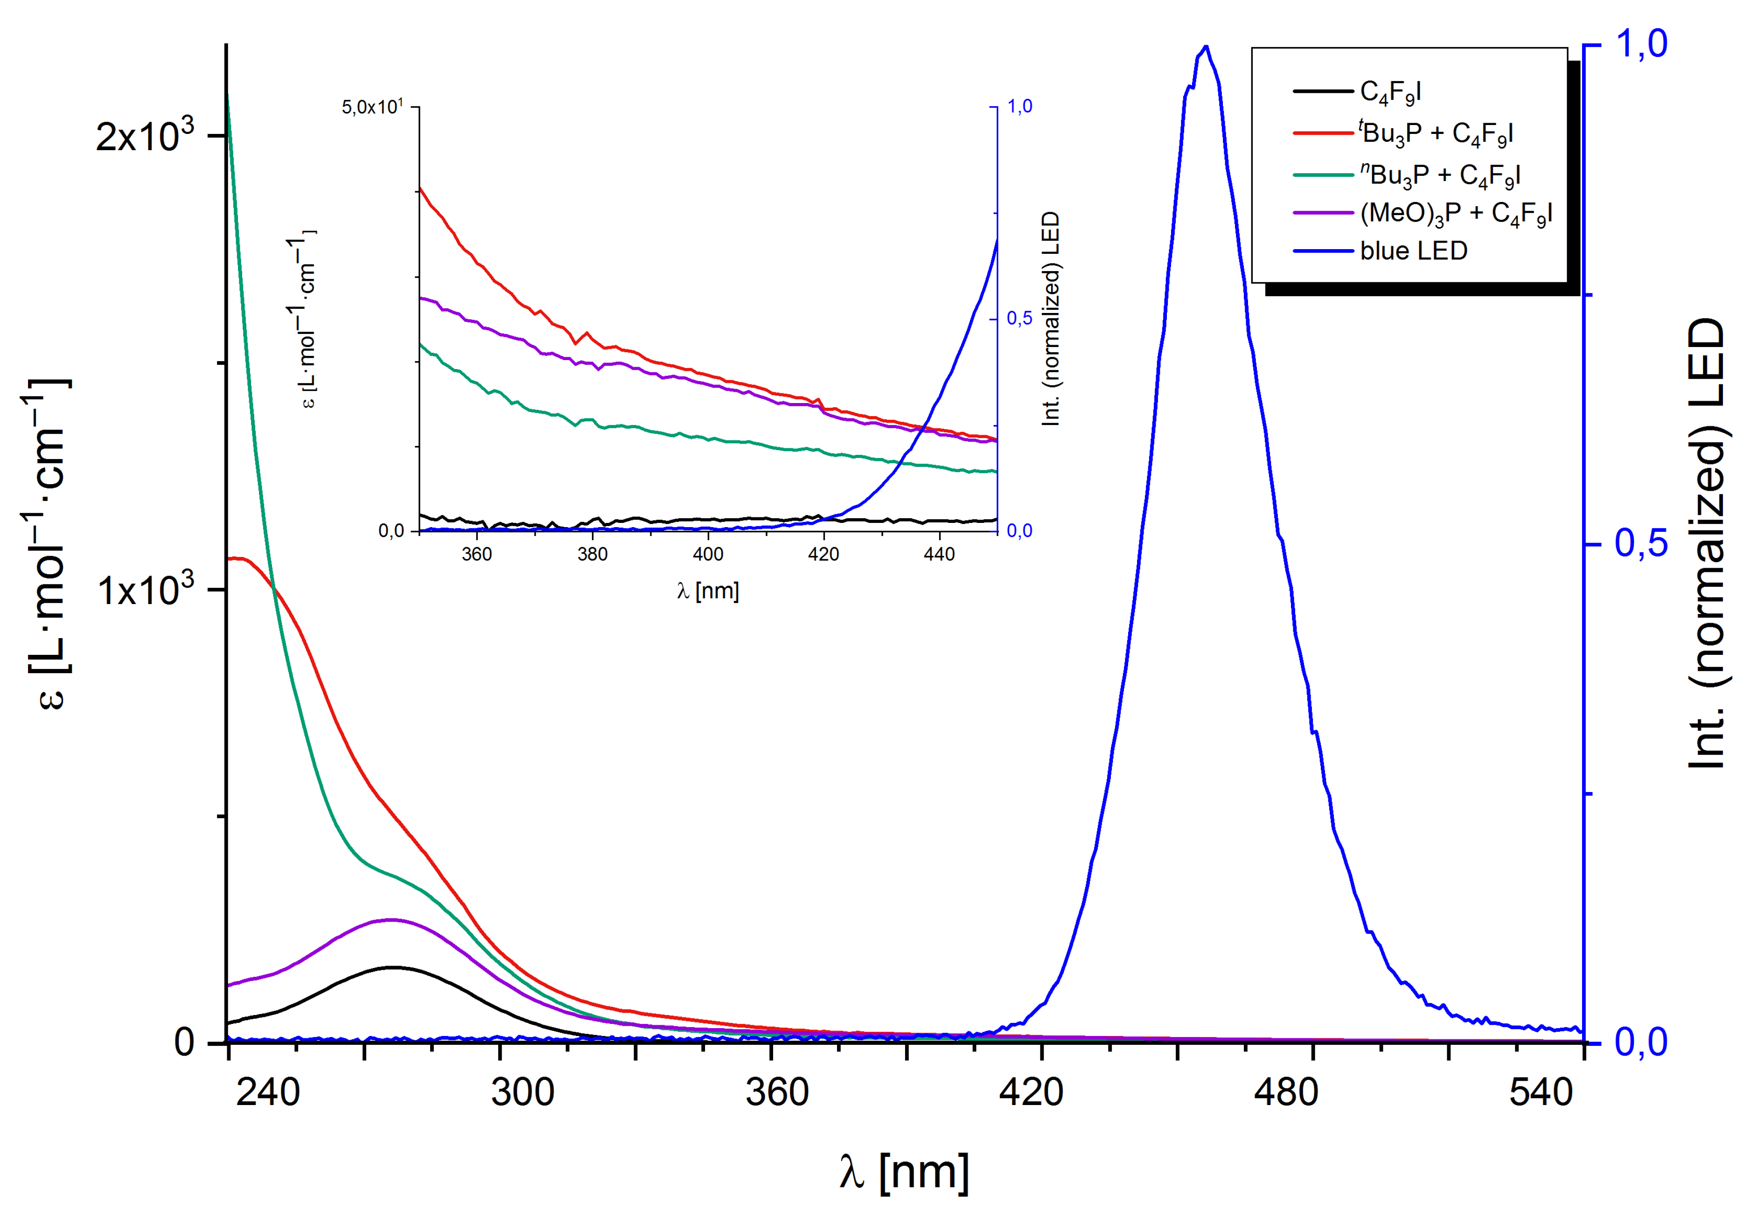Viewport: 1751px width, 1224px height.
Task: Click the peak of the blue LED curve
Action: [1205, 47]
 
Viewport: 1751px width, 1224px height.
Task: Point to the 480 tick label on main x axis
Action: [1286, 1092]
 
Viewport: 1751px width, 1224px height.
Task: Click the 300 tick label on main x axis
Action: [523, 1092]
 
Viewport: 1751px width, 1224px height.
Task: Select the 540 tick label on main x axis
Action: [1541, 1092]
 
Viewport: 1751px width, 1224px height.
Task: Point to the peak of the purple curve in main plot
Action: [391, 920]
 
